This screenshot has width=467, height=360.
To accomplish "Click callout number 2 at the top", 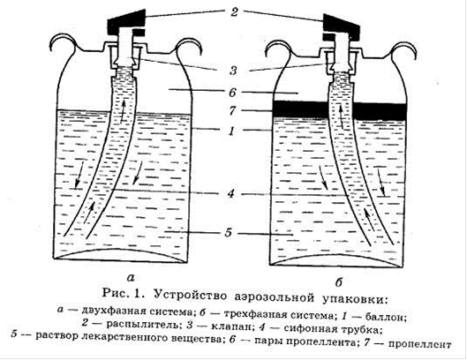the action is click(234, 11).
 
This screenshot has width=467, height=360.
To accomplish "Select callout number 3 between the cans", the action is click(233, 71).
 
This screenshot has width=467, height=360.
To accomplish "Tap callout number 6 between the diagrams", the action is click(232, 93).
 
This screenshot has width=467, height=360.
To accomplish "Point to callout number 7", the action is click(232, 111).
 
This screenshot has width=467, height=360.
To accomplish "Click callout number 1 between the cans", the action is click(232, 131).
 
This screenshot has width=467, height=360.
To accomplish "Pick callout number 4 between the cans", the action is click(230, 193).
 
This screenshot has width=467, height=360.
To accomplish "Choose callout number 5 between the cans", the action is click(229, 232).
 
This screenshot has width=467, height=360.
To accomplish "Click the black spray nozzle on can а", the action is click(126, 19).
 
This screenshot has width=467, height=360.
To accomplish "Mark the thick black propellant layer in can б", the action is click(340, 110).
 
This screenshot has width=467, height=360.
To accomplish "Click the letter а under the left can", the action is click(131, 278).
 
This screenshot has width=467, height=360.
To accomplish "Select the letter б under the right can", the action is click(339, 281).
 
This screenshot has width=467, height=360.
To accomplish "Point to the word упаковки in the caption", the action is click(355, 298).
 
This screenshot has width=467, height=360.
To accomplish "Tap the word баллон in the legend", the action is click(386, 317).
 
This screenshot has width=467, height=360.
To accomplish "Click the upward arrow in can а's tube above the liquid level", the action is click(123, 112).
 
